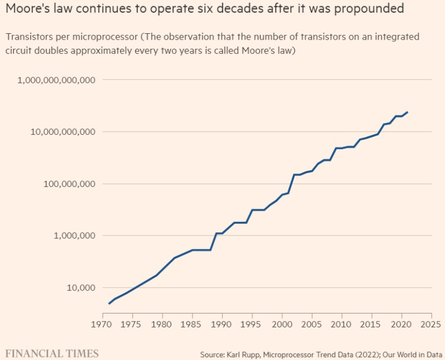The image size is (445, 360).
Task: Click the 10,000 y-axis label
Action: point(78,288)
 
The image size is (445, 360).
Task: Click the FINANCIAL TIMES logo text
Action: point(52,353)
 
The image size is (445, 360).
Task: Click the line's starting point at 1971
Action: point(109,303)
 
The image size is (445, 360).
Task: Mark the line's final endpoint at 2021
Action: point(407,112)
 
